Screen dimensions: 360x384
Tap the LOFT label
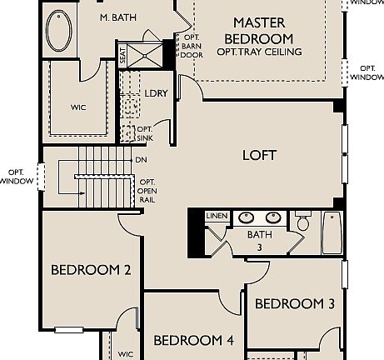tap(259, 155)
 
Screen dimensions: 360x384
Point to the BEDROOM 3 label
tap(294, 304)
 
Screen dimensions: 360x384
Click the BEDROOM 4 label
tap(193, 340)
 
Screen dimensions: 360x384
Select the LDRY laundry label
tap(156, 93)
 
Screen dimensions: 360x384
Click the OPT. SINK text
tap(145, 133)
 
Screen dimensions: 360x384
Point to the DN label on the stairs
tap(142, 160)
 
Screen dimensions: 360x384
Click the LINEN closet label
tap(217, 217)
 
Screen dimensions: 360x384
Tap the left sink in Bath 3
tap(247, 217)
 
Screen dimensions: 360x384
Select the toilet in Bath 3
tap(303, 222)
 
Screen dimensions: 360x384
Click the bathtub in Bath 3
tap(332, 232)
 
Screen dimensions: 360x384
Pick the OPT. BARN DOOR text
tap(192, 46)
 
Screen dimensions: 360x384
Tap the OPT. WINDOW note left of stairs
tap(17, 177)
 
